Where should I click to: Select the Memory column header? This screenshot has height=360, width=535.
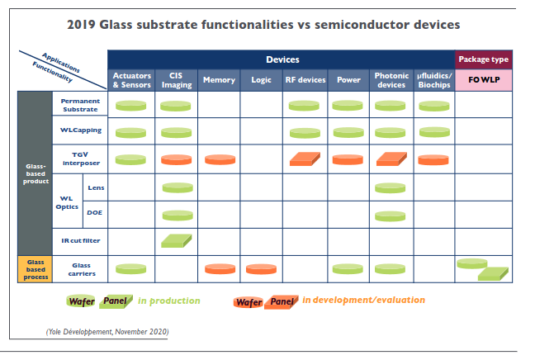[x=219, y=80]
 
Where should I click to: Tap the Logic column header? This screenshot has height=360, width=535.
[x=260, y=80]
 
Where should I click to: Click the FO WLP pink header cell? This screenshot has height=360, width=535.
[x=484, y=80]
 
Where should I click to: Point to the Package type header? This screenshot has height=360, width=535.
[x=484, y=59]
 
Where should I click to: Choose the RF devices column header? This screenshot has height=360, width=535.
[x=305, y=80]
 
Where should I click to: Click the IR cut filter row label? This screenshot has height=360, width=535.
[x=80, y=240]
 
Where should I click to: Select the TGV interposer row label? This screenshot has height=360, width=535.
[x=80, y=159]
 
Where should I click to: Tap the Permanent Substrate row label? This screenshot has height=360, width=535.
[x=80, y=105]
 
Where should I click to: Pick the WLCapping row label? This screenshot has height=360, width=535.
[x=80, y=131]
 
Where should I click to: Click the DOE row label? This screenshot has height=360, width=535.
[x=95, y=213]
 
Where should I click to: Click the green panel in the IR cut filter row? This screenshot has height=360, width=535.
[x=175, y=240]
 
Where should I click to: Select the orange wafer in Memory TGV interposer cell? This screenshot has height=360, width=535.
[x=219, y=159]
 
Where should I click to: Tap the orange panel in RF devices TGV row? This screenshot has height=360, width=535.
[x=305, y=159]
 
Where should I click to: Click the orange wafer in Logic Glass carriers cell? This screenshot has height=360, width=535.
[x=261, y=268]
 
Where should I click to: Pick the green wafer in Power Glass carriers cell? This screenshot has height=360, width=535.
[x=347, y=268]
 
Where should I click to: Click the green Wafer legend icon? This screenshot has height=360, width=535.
[x=80, y=302]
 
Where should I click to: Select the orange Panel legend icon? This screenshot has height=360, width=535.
[x=282, y=302]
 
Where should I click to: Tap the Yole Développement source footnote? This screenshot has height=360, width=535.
[x=107, y=331]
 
